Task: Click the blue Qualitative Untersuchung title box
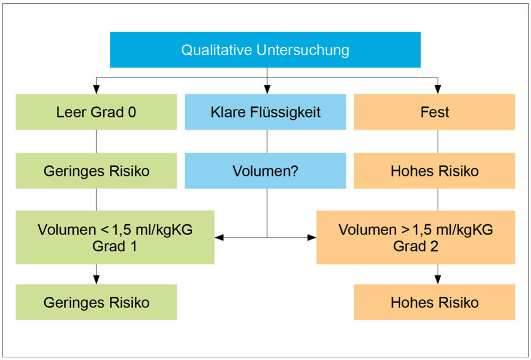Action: tap(265, 50)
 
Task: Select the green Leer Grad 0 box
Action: tap(96, 112)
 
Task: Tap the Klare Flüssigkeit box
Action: tap(265, 112)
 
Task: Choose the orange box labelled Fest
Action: tap(434, 112)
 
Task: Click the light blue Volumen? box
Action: tap(265, 170)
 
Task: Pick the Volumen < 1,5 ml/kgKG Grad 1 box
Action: tap(115, 237)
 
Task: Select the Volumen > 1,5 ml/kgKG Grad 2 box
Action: tap(416, 237)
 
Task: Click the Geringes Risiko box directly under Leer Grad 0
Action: tap(96, 170)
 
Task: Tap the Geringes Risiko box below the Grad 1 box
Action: tap(96, 302)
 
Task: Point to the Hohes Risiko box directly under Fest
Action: tap(434, 170)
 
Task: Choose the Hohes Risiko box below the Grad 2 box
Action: tap(434, 302)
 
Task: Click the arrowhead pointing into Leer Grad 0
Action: tap(97, 89)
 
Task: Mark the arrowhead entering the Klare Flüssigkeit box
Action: tap(267, 89)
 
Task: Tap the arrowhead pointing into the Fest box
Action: tap(438, 89)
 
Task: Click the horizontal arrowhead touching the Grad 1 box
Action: tap(219, 237)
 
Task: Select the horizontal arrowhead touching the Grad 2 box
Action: tap(312, 237)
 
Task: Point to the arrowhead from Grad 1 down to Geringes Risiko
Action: tap(97, 279)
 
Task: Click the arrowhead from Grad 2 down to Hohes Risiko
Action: tap(438, 279)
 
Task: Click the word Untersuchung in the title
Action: tap(303, 50)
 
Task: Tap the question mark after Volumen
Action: tap(295, 170)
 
